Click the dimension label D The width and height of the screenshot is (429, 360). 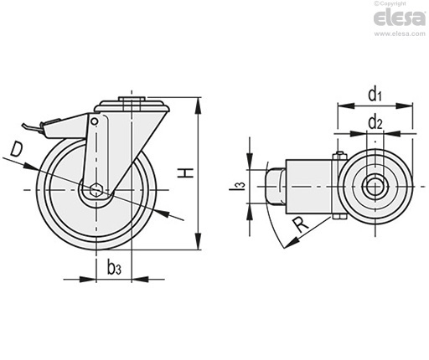pyautogui.click(x=16, y=149)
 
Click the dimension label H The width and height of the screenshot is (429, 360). pyautogui.click(x=186, y=173)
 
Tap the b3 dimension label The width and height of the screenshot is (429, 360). pyautogui.click(x=114, y=268)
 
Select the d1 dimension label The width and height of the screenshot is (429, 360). pyautogui.click(x=375, y=94)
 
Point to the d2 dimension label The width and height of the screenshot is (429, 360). pyautogui.click(x=375, y=122)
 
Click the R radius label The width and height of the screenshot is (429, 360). pyautogui.click(x=300, y=225)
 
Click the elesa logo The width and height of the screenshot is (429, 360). pyautogui.click(x=400, y=18)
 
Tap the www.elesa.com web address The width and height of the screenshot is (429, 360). pyautogui.click(x=400, y=33)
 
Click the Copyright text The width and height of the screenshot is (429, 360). pyautogui.click(x=390, y=3)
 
